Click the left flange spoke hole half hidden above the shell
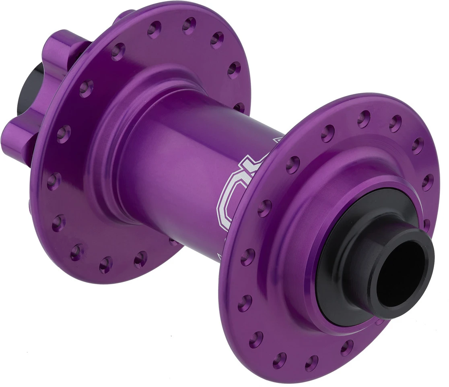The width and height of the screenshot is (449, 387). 239,107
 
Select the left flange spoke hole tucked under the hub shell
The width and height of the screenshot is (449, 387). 174,242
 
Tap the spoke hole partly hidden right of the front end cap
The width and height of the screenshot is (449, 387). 427,225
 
